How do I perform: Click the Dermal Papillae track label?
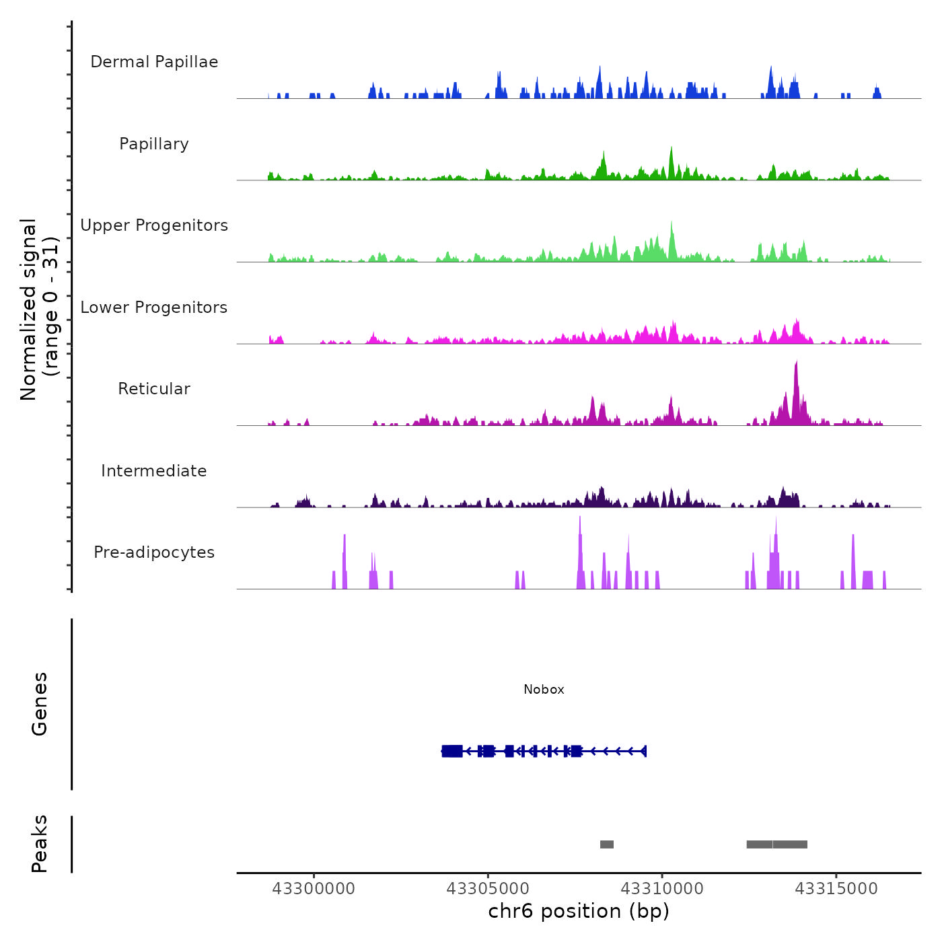click(x=154, y=62)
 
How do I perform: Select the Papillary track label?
click(x=154, y=144)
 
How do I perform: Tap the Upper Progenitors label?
click(x=154, y=225)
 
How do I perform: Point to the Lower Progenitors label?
click(x=154, y=307)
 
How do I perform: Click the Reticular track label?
click(x=154, y=389)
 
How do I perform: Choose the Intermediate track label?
click(x=154, y=471)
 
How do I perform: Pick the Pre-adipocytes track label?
click(x=154, y=552)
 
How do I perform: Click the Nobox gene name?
click(x=544, y=690)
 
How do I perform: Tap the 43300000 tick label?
click(x=314, y=889)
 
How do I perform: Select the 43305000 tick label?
click(x=488, y=889)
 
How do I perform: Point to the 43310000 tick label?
click(x=662, y=889)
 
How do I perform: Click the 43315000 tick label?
click(x=836, y=889)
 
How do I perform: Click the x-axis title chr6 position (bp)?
click(x=579, y=912)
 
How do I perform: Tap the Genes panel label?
click(x=40, y=704)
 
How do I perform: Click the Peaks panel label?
click(x=40, y=844)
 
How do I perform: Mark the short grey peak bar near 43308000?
click(x=607, y=844)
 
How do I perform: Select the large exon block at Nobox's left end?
click(x=452, y=751)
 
